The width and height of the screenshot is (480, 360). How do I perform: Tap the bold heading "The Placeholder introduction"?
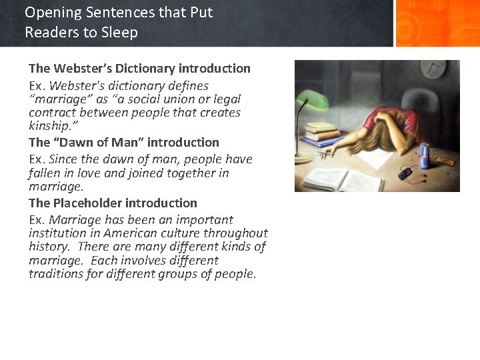pyautogui.click(x=113, y=203)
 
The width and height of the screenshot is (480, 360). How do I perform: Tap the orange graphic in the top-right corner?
pyautogui.click(x=437, y=23)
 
